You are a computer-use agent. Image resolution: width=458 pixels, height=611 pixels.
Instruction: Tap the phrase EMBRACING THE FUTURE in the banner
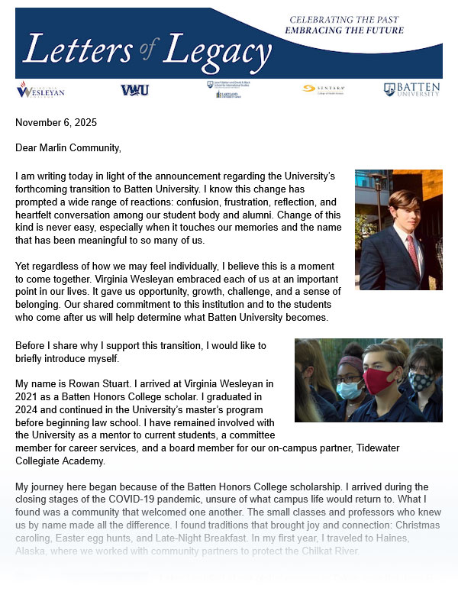[x=343, y=31]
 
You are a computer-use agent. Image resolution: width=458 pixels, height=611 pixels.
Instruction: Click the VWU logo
[x=134, y=90]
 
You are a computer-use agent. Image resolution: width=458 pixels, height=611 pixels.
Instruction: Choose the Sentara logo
[x=320, y=89]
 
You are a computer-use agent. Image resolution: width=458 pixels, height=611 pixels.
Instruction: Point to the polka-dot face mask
[x=421, y=380]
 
